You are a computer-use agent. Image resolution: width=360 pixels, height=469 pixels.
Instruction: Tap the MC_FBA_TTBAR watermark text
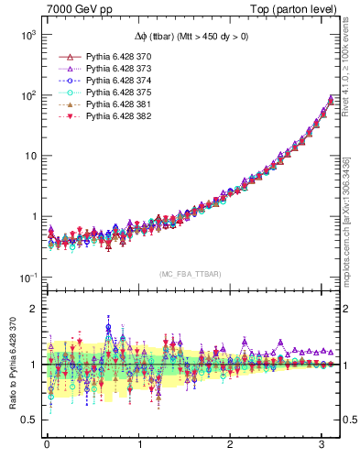coord(187,275)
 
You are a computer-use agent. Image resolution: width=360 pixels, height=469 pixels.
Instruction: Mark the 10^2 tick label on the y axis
coord(27,95)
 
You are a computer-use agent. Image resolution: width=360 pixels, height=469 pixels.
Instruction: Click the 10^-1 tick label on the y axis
coord(27,277)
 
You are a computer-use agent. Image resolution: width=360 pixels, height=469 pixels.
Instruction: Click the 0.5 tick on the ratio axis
coord(29,420)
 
